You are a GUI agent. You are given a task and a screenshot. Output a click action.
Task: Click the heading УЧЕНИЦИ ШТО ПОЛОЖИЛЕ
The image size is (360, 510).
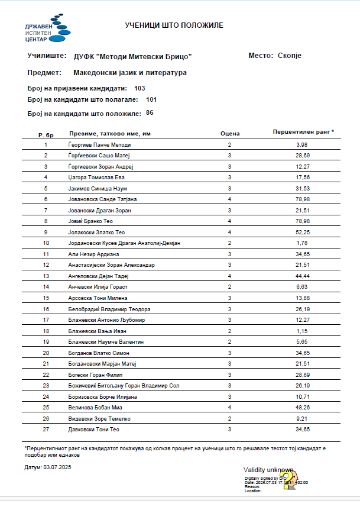[x=174, y=25]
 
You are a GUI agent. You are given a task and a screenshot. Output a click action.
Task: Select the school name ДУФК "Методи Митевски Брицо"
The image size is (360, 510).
[x=133, y=56]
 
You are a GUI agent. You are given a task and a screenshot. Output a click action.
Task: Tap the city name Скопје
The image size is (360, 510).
[x=290, y=56]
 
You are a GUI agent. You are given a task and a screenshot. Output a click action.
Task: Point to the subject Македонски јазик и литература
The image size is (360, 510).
[x=130, y=73]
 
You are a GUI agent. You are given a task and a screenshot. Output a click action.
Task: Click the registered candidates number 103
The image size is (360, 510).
[x=140, y=88]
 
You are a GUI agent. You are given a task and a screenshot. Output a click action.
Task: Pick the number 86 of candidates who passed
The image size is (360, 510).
[x=150, y=112]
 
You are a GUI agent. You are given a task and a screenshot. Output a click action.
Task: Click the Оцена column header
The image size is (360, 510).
[x=229, y=134]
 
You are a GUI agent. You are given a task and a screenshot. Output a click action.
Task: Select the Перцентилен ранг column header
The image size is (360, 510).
[x=303, y=131]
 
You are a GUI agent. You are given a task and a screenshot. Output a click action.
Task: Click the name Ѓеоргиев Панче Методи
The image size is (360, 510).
[x=99, y=145]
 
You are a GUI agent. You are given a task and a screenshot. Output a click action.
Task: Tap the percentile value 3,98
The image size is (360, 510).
[x=303, y=145]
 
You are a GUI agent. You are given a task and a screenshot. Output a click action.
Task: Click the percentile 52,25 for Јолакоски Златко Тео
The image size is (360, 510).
[x=303, y=233]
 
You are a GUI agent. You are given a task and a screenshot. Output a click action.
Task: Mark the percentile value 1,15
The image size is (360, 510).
[x=303, y=331]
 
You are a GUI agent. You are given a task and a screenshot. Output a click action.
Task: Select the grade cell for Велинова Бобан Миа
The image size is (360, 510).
[x=229, y=408]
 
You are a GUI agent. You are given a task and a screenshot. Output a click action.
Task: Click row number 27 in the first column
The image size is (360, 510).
[x=46, y=430]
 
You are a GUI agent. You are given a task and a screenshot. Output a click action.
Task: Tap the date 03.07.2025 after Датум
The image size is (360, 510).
[x=57, y=467]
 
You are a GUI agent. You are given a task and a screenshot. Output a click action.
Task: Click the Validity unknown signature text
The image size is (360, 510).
[x=268, y=470]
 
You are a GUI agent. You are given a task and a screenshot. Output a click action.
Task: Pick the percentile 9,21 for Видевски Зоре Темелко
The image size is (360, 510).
[x=303, y=419]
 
